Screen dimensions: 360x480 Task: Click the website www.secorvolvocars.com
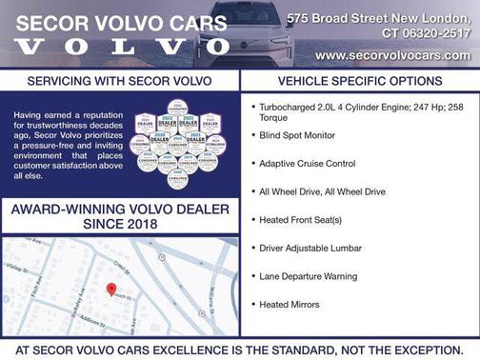coord(391,55)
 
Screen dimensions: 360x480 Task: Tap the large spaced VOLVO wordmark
coord(124,46)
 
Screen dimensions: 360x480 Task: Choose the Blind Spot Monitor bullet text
coord(297,136)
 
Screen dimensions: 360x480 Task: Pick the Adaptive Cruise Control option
coord(307,164)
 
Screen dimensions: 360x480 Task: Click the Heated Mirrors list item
coord(290,305)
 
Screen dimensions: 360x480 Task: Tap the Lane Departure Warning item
coord(308,276)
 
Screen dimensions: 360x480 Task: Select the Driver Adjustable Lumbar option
coord(310,249)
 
